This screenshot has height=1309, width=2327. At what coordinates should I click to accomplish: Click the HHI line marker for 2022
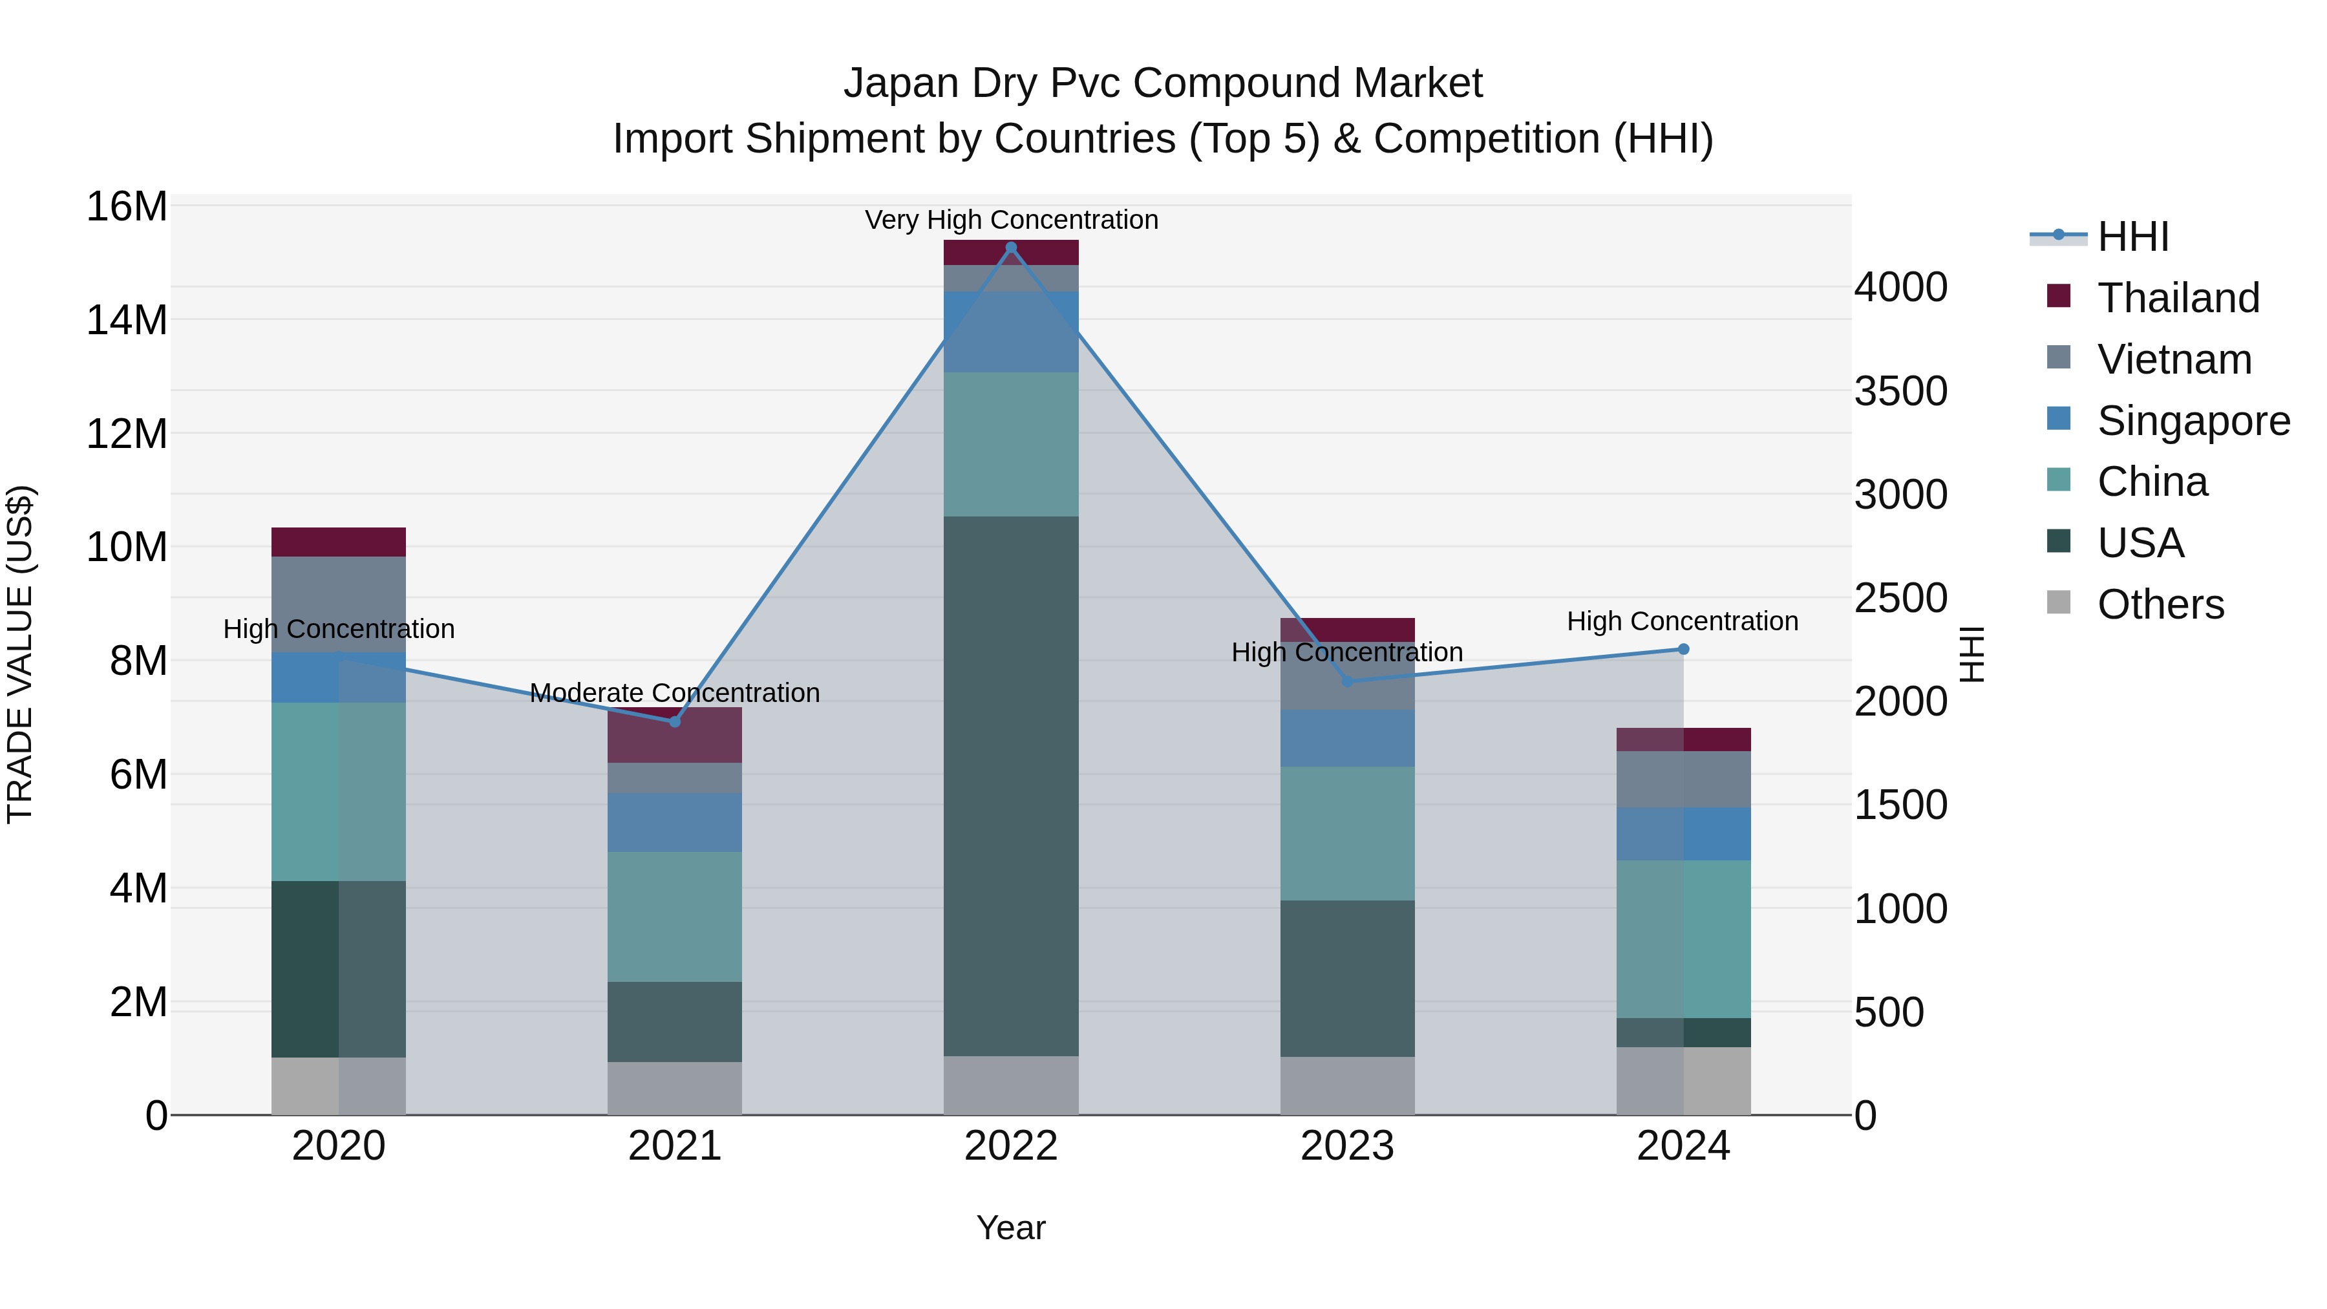point(1011,248)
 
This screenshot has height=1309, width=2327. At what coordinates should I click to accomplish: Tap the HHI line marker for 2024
point(1683,648)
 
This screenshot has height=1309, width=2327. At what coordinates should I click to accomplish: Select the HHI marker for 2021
point(675,722)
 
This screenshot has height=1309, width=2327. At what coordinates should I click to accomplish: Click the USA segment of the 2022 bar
point(1011,786)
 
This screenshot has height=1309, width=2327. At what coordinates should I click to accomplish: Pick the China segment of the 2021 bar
point(675,916)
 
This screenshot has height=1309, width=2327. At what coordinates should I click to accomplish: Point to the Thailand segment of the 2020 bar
point(339,542)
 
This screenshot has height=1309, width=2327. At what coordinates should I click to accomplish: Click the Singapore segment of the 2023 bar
point(1347,738)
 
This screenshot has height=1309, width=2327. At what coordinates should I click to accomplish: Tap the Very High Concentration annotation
point(1011,220)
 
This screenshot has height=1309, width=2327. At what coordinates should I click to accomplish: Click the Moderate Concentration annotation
point(675,693)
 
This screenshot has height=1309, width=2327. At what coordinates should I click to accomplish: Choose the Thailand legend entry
point(2178,298)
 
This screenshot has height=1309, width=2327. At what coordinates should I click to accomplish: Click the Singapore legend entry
point(2193,421)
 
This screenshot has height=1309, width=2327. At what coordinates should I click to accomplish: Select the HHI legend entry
point(2132,237)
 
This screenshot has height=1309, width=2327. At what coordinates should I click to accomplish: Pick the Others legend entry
point(2160,604)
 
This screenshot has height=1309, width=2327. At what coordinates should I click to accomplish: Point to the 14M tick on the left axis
point(127,320)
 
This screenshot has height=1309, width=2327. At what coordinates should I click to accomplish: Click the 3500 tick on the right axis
point(1900,391)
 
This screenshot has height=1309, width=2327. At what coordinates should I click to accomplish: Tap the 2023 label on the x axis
point(1347,1146)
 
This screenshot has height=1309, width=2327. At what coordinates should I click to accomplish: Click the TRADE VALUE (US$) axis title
point(21,654)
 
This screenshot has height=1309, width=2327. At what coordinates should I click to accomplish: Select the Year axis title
point(1011,1228)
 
